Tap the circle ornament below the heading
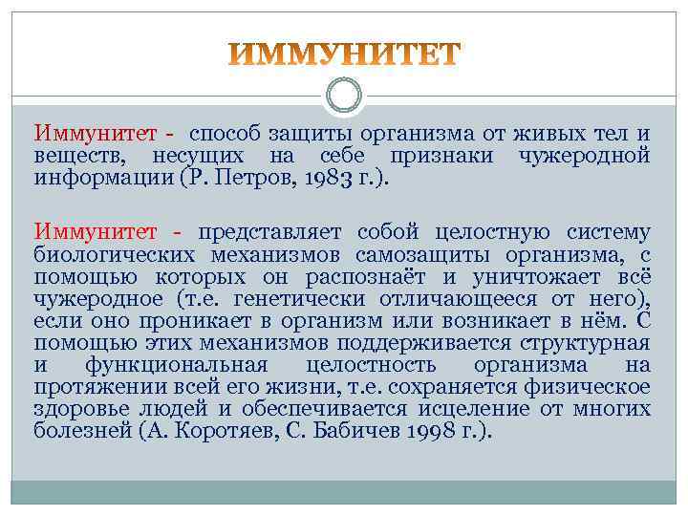click(x=344, y=96)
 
